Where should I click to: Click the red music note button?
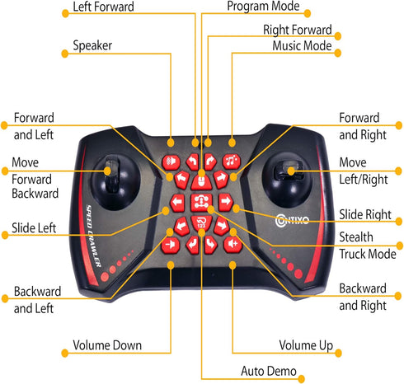232,162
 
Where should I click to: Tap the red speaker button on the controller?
171,162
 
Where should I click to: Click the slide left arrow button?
177,203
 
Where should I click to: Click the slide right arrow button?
226,202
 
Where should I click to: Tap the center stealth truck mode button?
201,203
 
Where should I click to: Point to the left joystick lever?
112,173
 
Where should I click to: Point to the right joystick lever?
289,171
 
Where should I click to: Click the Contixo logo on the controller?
292,220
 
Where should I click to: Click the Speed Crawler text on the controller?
94,236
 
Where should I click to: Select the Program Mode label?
263,6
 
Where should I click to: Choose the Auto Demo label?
269,371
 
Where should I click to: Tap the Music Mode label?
302,45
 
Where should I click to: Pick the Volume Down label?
107,345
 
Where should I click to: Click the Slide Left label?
34,228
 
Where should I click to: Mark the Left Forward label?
103,7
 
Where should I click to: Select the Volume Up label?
306,345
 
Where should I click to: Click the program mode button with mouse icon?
201,182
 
